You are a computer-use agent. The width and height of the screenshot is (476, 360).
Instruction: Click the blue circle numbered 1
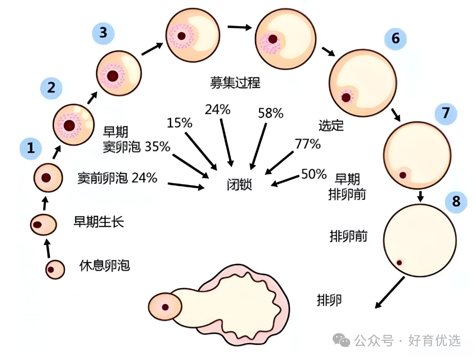(31, 148)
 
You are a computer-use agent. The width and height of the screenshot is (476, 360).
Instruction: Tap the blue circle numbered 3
(103, 33)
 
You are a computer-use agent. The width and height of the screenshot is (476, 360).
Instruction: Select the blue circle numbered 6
(395, 38)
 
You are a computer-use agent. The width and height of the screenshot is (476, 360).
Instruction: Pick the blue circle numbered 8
(456, 202)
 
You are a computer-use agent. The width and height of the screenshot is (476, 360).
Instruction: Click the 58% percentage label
(271, 113)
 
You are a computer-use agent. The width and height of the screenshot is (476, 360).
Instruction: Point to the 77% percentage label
(308, 144)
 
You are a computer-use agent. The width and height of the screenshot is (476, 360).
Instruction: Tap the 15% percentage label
(180, 123)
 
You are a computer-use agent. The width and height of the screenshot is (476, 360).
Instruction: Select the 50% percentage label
(314, 174)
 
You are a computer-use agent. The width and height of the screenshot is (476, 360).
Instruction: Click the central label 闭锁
(239, 185)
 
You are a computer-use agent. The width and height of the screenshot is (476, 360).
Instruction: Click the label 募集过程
(235, 82)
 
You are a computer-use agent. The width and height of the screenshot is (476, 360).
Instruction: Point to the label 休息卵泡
(105, 266)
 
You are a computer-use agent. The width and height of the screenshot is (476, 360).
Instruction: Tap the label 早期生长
(99, 222)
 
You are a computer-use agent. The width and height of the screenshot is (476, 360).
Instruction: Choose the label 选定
(331, 125)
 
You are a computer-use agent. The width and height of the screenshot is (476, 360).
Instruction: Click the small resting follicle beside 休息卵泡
(55, 269)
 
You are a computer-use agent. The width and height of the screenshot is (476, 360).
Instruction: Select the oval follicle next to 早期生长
(43, 225)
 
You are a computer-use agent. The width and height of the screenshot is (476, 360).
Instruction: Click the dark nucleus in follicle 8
(400, 263)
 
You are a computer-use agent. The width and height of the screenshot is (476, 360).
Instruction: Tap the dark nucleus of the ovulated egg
(165, 307)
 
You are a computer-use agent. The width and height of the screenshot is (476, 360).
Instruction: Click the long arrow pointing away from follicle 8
(390, 292)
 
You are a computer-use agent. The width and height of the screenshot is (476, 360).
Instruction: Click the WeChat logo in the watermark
(341, 340)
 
